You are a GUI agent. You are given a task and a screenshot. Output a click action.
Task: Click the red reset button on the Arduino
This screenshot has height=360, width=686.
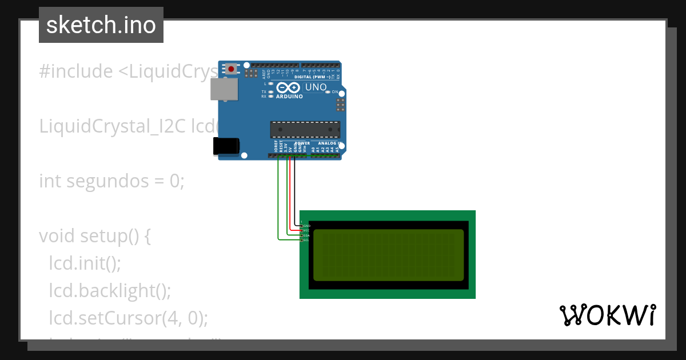point(231,69)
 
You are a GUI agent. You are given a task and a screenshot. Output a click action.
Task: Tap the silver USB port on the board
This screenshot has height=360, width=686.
point(224,89)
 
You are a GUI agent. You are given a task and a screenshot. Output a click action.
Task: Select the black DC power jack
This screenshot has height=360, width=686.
point(226,146)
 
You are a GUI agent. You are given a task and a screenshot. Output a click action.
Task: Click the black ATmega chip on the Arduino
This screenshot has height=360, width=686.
point(305,129)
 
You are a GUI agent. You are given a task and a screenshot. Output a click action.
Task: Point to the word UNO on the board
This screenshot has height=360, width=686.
point(316,87)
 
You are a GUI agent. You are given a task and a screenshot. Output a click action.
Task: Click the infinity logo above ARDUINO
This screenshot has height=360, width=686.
point(288,87)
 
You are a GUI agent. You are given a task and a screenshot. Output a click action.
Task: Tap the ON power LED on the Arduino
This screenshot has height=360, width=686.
point(328,91)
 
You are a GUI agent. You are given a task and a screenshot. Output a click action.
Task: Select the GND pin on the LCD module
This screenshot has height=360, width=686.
point(302,226)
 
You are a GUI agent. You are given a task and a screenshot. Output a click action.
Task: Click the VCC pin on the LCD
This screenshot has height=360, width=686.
point(302,230)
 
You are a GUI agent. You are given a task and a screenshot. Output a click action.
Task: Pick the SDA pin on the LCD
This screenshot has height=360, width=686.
point(302,235)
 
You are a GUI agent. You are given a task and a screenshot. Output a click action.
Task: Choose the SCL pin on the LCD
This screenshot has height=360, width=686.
point(302,240)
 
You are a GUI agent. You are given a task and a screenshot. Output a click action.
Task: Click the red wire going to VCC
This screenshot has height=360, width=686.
point(290,194)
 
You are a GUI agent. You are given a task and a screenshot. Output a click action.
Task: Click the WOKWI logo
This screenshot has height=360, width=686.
point(607,315)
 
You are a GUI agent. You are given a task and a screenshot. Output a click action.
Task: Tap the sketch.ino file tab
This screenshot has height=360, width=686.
point(101,25)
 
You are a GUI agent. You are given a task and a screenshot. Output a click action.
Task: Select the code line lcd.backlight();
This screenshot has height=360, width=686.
point(110,290)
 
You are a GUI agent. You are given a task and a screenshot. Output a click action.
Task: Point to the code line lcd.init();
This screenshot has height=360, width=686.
point(85,263)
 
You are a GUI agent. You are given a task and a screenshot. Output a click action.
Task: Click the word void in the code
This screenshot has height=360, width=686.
point(57,236)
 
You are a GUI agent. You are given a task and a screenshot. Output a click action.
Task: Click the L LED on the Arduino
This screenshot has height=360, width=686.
point(270,83)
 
